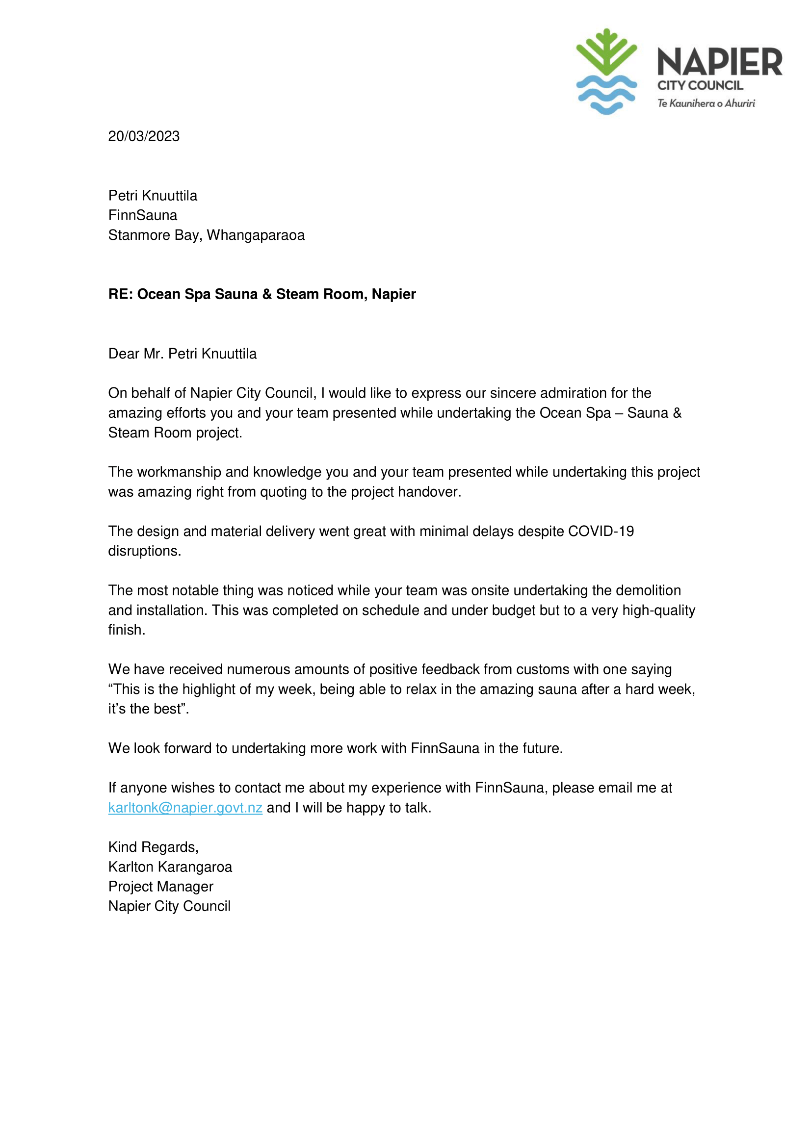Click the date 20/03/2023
(x=144, y=136)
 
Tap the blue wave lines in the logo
(x=606, y=95)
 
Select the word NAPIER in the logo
(x=719, y=62)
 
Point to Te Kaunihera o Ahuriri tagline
(x=706, y=103)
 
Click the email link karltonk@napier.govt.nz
(x=185, y=808)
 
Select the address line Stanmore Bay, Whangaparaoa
(x=206, y=235)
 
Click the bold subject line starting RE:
(x=262, y=294)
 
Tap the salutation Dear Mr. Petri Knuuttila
(x=183, y=354)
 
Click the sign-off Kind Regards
(x=154, y=847)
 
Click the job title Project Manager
(x=161, y=887)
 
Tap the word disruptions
(x=144, y=551)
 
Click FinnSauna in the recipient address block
(x=143, y=215)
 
